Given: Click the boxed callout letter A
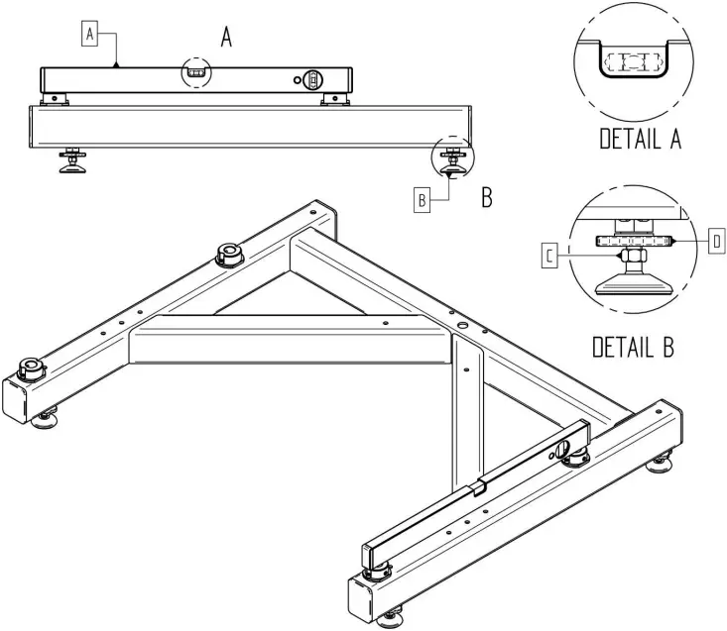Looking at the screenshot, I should point(89,34).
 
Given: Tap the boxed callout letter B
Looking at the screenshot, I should point(422,199).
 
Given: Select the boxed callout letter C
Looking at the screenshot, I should point(549,258).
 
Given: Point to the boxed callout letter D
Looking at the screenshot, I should point(717,240).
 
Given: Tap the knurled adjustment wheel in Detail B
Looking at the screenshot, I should point(635,241).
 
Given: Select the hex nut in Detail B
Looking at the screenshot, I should point(633,257).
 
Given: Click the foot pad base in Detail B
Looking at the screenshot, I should point(635,284).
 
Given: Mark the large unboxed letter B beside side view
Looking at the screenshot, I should point(487,197).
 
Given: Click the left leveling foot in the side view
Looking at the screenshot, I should point(71,163).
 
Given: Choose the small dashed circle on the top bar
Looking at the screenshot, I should point(195,72).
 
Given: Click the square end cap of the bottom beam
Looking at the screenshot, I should point(362,596).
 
